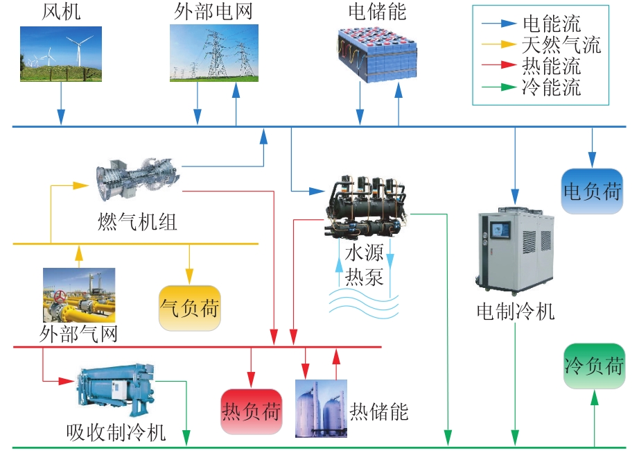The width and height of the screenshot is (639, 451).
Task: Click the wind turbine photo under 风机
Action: pyautogui.click(x=61, y=54)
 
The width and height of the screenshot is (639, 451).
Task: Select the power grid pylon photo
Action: pyautogui.click(x=214, y=53)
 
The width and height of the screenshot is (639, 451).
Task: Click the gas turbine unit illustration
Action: pyautogui.click(x=138, y=180)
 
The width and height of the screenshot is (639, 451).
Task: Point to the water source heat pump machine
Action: pyautogui.click(x=365, y=206)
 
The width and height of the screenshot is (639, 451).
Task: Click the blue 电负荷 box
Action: pyautogui.click(x=592, y=191)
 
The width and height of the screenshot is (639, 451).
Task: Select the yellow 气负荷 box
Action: pyautogui.click(x=189, y=308)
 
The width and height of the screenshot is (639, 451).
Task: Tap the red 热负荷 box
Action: pyautogui.click(x=251, y=411)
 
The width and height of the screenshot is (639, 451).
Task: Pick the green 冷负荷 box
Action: pyautogui.click(x=594, y=366)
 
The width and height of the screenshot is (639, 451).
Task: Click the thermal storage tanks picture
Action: pyautogui.click(x=321, y=409)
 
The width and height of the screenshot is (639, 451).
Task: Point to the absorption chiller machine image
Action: pyautogui.click(x=116, y=387)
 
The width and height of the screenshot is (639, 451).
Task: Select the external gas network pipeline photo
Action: pyautogui.click(x=79, y=295)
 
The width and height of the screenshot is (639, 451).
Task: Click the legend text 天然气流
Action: pyautogui.click(x=561, y=44)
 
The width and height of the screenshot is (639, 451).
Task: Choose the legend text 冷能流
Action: pyautogui.click(x=552, y=87)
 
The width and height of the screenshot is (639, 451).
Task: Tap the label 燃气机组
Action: pyautogui.click(x=137, y=222)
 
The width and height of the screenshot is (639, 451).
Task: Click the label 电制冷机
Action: pyautogui.click(x=516, y=312)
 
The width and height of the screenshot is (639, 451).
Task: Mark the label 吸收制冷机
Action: pyautogui.click(x=116, y=432)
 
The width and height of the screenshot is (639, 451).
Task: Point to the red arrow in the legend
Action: pyautogui.click(x=499, y=65)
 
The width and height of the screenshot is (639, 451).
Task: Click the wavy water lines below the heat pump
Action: pyautogui.click(x=364, y=304)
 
